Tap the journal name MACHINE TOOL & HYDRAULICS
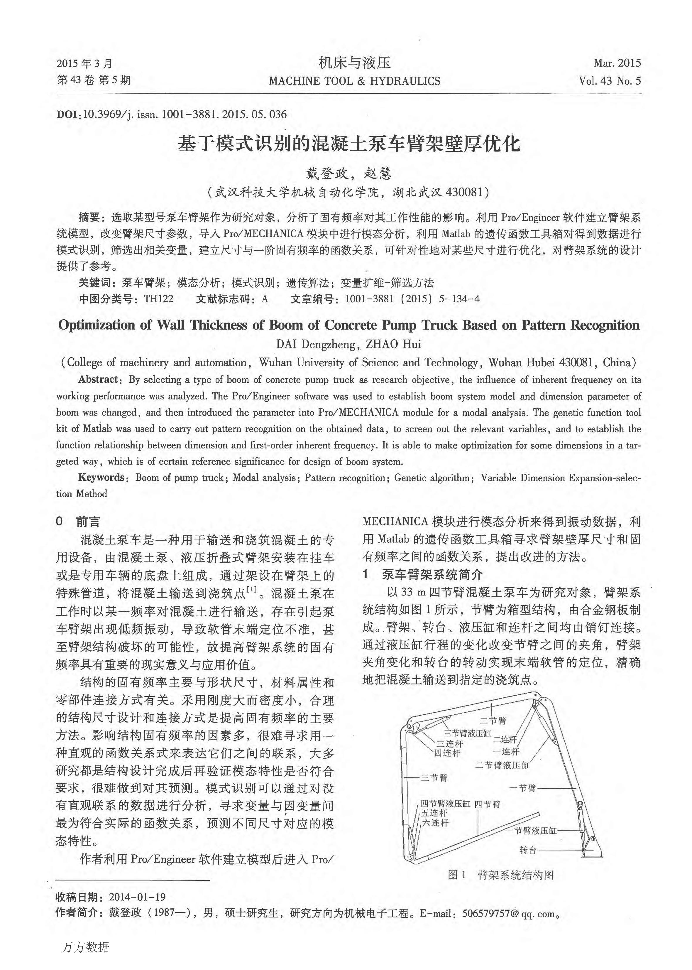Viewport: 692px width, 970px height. [355, 81]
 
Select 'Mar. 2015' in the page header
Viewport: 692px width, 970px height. [617, 63]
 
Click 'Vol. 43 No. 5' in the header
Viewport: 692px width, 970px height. [609, 81]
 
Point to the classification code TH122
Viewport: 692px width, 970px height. [158, 299]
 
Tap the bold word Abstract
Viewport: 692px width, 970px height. [98, 379]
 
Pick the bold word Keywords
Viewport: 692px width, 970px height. [101, 478]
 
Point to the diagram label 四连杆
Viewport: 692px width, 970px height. [447, 753]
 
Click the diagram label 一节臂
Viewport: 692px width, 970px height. [523, 788]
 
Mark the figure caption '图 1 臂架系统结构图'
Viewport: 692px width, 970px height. [501, 875]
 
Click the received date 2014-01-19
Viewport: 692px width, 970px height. [137, 897]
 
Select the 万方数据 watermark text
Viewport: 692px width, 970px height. [85, 947]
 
